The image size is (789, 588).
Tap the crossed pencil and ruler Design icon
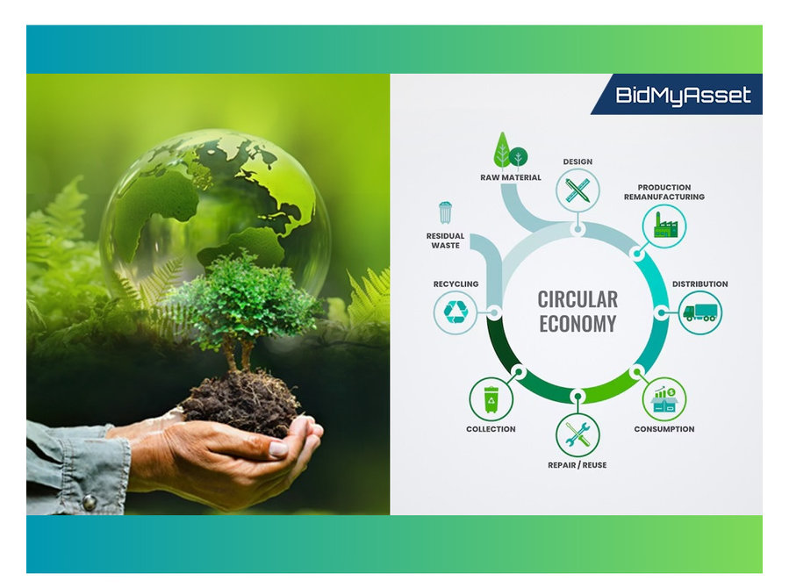[x=577, y=190]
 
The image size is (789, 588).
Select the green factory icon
[x=664, y=225]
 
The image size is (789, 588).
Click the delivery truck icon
[x=700, y=312]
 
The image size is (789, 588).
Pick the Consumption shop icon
[x=664, y=399]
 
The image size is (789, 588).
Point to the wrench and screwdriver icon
[x=577, y=435]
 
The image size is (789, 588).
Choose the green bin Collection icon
[x=491, y=399]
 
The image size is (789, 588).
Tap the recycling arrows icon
[x=455, y=312]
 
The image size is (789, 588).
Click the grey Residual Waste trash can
[x=445, y=212]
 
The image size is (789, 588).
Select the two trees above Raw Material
[x=510, y=150]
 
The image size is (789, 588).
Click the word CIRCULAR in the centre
[x=577, y=299]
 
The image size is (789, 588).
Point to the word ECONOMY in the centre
[x=577, y=324]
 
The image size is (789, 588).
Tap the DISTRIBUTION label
[x=700, y=284]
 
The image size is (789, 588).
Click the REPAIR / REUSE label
[x=577, y=465]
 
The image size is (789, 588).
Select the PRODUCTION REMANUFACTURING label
[x=664, y=192]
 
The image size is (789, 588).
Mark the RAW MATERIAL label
[x=511, y=177]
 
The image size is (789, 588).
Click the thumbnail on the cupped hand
[x=278, y=448]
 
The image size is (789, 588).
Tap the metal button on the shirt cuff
[x=89, y=502]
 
